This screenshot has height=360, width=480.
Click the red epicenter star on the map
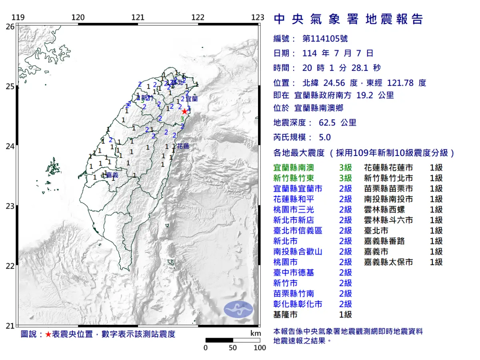[184, 111]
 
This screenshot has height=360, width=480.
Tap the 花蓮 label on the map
[183, 146]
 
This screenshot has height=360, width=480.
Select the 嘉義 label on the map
[112, 175]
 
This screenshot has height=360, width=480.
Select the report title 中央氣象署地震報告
[348, 19]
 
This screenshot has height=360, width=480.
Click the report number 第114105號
[325, 39]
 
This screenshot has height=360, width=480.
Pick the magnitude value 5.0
[325, 138]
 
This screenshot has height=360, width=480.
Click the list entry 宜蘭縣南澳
[293, 168]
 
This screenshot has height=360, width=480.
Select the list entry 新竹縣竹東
[293, 178]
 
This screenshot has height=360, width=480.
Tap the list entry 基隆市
[285, 314]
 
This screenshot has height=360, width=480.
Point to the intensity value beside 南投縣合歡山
[345, 252]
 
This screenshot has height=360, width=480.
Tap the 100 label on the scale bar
[260, 348]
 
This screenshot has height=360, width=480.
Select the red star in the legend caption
[48, 334]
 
